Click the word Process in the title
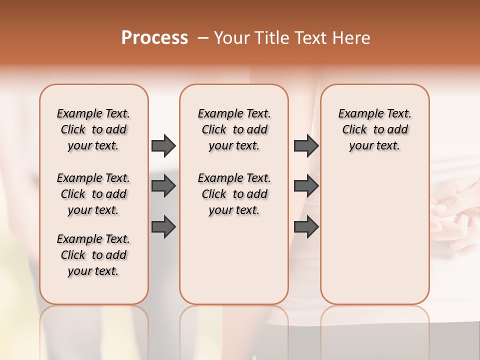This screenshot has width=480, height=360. click(x=154, y=38)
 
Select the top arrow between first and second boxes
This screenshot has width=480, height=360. click(x=163, y=145)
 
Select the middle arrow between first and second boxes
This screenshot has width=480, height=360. click(x=163, y=186)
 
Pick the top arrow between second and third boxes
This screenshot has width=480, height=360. click(x=306, y=145)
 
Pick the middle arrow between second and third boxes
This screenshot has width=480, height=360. click(x=306, y=186)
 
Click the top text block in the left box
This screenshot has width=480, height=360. click(x=93, y=129)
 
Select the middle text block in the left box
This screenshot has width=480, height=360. click(x=93, y=194)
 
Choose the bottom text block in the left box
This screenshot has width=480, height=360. click(x=93, y=255)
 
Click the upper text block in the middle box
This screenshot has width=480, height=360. click(x=234, y=129)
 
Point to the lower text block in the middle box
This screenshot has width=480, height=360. click(x=234, y=194)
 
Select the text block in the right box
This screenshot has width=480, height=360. click(x=374, y=129)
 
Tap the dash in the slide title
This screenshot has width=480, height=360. click(x=203, y=38)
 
